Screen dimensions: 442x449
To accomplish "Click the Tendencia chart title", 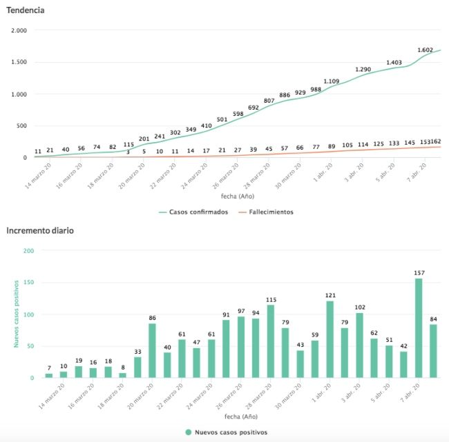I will coord(27,10).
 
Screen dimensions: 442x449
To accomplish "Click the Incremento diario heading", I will coord(41,231).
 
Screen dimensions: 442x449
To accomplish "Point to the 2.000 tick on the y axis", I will coord(18,31).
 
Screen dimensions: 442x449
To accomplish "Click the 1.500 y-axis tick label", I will coord(18,63).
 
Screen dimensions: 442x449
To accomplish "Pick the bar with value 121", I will coord(330,339).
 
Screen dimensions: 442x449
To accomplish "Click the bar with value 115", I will coord(271,341).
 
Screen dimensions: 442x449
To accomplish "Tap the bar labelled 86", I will coord(152,350).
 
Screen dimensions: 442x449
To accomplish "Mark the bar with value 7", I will coord(49,375).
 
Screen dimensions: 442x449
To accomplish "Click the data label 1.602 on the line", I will coord(426,50).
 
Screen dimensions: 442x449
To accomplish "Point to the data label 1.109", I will coord(331,81).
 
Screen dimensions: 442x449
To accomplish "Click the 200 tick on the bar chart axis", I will coord(28,251).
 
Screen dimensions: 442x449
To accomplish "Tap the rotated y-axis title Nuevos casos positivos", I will coord(15,314).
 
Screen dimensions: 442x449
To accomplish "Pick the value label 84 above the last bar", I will coord(433,319).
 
